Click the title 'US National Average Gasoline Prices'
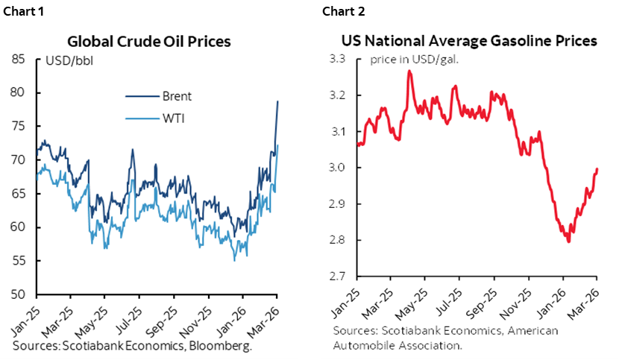pyautogui.click(x=469, y=42)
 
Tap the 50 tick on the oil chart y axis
pyautogui.click(x=24, y=294)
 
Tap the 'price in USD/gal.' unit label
pyautogui.click(x=413, y=60)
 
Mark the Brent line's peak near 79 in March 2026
pyautogui.click(x=278, y=101)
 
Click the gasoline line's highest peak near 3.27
pyautogui.click(x=409, y=71)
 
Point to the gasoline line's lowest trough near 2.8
pyautogui.click(x=569, y=241)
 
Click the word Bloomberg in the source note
pyautogui.click(x=225, y=347)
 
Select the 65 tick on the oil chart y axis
pyautogui.click(x=24, y=194)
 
